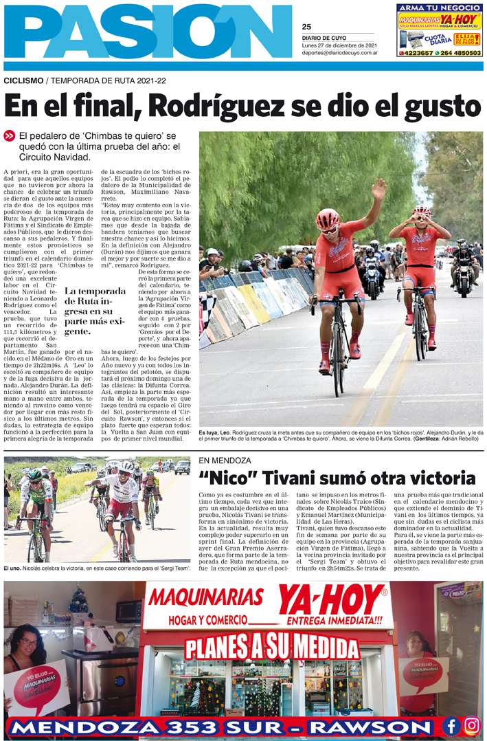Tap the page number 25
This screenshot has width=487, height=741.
click(x=306, y=27)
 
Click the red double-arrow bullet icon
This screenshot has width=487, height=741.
click(x=10, y=136)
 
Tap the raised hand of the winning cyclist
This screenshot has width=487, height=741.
click(x=378, y=189)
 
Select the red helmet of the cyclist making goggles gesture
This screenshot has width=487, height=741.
click(x=422, y=213)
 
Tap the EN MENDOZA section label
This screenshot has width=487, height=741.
click(x=225, y=460)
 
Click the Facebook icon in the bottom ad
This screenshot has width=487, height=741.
click(x=451, y=725)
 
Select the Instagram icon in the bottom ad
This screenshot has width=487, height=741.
click(x=471, y=725)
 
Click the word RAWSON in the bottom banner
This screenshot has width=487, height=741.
click(x=375, y=727)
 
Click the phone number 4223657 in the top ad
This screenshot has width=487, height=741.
click(x=417, y=52)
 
